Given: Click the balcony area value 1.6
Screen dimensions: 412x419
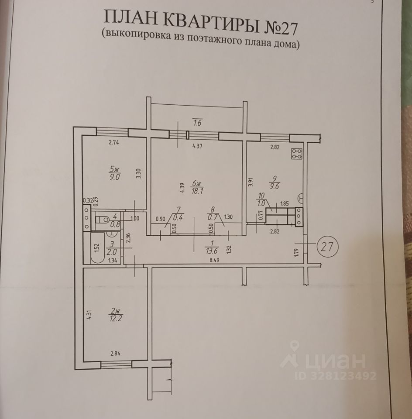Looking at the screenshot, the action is pos(198,124).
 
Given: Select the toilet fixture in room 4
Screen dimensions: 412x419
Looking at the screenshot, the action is pos(103,220).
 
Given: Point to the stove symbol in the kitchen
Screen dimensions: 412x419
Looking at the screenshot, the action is pos(298,153).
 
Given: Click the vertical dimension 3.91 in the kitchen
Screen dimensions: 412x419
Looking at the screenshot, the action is pos(250,183).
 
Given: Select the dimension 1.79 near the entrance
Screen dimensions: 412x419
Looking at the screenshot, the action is pos(297,252).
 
